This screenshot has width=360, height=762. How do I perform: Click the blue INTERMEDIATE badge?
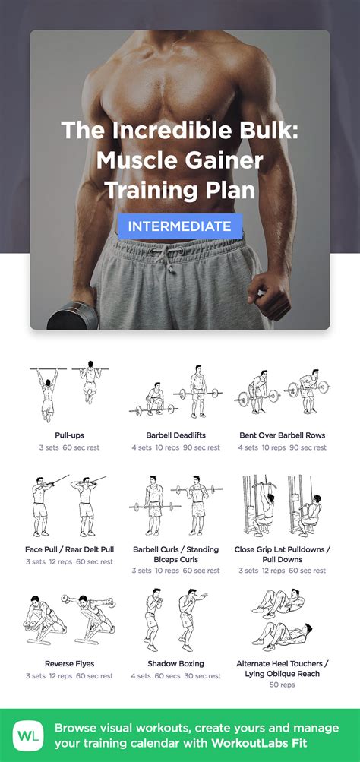point(179,226)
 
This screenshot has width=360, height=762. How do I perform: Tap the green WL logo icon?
point(28,736)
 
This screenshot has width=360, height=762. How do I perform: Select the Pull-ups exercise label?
point(69,435)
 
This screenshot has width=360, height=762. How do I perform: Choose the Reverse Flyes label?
point(69,663)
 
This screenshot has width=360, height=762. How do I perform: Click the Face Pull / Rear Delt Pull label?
point(69,549)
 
